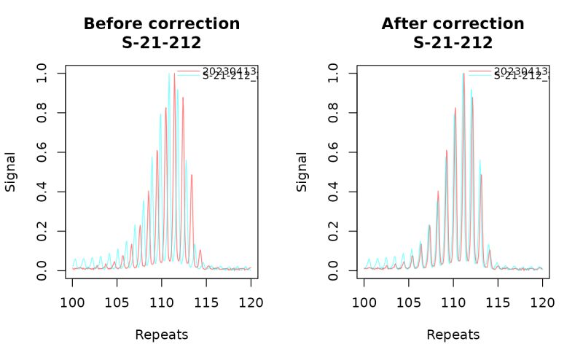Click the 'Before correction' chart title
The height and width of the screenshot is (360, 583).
click(161, 23)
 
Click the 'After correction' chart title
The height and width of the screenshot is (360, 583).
click(453, 23)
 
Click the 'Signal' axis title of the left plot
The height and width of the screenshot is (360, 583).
click(11, 172)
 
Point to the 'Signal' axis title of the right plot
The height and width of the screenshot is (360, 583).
click(302, 172)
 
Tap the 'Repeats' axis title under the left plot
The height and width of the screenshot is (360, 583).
click(161, 335)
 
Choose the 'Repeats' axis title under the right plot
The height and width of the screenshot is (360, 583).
click(453, 335)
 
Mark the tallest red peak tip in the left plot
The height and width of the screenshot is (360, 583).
click(174, 74)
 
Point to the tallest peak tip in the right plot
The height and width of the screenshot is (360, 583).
click(463, 74)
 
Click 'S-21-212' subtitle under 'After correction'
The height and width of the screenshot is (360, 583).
click(453, 43)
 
